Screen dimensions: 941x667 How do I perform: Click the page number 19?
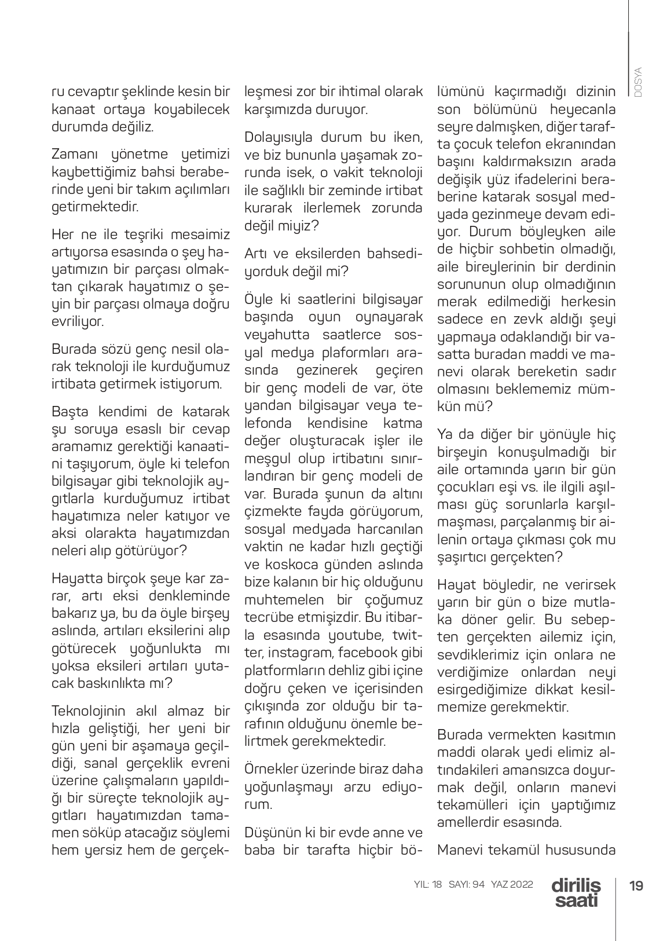[636, 886]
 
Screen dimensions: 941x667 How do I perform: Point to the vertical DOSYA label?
[638, 82]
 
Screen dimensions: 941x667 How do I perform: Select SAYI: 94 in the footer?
[466, 885]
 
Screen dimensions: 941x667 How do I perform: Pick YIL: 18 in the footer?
[428, 885]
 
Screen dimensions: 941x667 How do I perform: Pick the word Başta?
[68, 412]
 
